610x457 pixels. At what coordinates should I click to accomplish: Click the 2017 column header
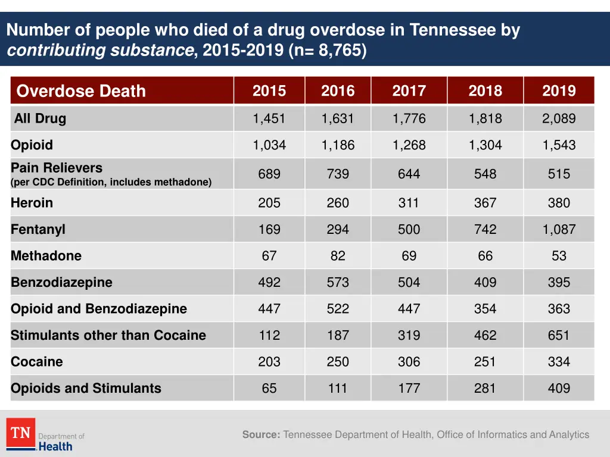tap(409, 91)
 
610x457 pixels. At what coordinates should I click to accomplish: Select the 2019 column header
tap(559, 91)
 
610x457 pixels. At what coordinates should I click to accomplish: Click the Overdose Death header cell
tap(81, 91)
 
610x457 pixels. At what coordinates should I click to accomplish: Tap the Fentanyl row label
tap(38, 230)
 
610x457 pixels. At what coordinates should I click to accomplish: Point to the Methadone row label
tap(46, 256)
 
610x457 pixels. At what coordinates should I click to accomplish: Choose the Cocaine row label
tap(36, 362)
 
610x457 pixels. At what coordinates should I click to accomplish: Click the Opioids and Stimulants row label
tap(86, 389)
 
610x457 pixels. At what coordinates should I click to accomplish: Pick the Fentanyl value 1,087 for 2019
tap(559, 230)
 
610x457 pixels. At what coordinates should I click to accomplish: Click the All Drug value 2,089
tap(559, 118)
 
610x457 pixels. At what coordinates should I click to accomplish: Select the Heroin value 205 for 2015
tap(269, 203)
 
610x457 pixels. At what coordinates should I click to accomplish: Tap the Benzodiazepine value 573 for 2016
tap(338, 283)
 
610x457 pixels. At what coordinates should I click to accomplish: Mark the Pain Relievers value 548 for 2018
tap(485, 174)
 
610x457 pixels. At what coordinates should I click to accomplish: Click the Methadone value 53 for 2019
tap(559, 256)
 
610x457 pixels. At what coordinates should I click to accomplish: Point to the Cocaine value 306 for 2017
tap(409, 362)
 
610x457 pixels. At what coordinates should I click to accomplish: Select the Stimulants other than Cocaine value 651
tap(559, 336)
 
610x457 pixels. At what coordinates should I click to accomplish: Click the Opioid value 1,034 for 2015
tap(269, 145)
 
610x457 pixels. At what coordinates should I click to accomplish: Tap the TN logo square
tap(21, 433)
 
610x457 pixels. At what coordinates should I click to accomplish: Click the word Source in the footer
tap(261, 435)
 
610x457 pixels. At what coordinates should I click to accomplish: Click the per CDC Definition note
tap(111, 183)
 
